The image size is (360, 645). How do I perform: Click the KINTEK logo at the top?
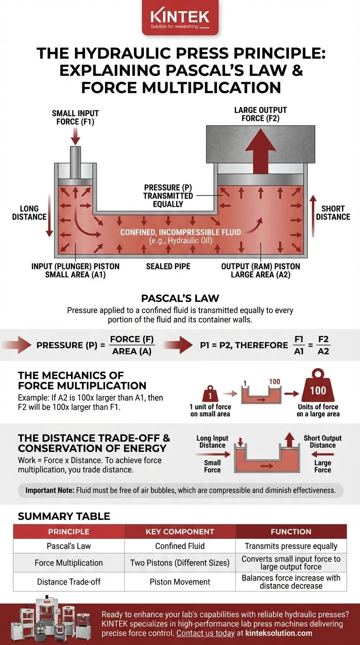coord(180,18)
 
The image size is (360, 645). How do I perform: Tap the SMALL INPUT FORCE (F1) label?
coord(75,117)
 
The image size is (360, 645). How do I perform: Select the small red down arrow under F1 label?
coord(75,135)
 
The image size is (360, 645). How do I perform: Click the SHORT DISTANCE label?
coord(333,213)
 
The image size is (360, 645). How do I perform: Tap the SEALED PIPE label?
coord(168,266)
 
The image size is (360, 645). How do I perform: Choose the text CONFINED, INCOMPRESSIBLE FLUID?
coord(180,232)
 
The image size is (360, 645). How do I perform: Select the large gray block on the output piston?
coord(261,143)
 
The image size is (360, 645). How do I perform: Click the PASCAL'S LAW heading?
coord(180,298)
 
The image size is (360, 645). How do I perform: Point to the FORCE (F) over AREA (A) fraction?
coord(132,345)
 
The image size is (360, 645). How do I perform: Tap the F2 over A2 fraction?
coord(323,345)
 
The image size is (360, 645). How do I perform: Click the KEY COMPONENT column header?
coord(180,532)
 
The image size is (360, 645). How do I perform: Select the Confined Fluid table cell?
coord(180,546)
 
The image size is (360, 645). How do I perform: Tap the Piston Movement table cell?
coord(180,582)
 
